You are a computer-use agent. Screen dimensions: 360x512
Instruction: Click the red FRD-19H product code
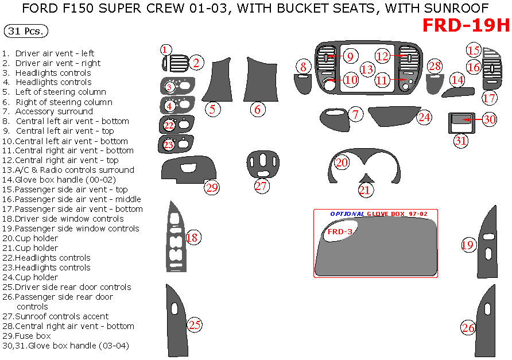466,26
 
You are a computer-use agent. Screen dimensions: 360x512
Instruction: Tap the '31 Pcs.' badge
26,32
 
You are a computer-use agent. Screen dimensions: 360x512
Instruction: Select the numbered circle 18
192,238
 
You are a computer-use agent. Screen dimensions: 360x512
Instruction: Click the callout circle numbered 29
212,188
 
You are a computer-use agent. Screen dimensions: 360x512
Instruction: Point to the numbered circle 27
261,186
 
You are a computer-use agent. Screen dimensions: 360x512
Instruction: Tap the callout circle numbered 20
342,162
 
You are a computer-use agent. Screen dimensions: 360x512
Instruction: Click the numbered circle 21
365,190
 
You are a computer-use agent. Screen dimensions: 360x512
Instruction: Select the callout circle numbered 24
424,117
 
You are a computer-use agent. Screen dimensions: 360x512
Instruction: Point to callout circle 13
367,69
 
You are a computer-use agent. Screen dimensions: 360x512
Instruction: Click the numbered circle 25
195,325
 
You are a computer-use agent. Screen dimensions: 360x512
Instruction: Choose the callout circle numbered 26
468,328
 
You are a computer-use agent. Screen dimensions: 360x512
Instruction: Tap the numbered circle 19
468,245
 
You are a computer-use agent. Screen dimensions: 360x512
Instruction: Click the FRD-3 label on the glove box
339,231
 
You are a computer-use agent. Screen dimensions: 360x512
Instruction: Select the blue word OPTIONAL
347,214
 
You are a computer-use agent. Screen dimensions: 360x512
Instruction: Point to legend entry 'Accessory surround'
54,111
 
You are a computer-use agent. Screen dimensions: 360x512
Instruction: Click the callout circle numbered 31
461,140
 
